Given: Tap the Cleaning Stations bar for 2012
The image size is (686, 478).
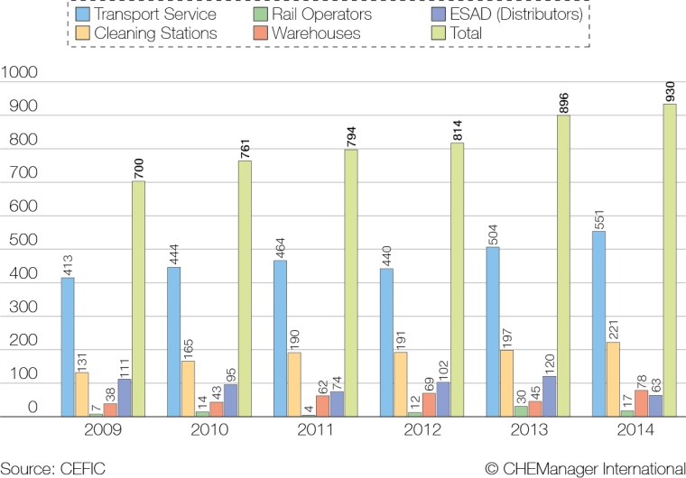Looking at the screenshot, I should pos(401,384).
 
